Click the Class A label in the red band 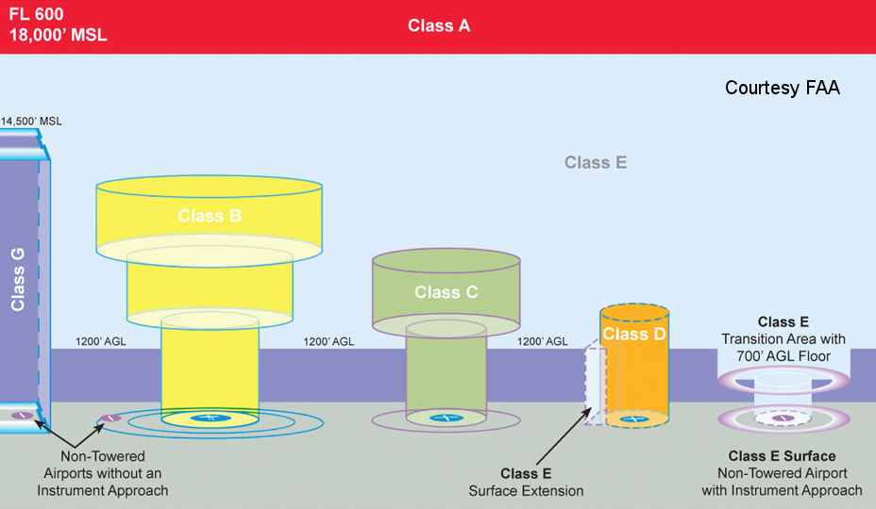tap(438, 26)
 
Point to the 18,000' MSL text tap(58, 37)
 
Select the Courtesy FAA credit tap(782, 88)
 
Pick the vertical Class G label tap(18, 277)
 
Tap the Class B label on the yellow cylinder tap(210, 216)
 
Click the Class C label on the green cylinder tap(446, 292)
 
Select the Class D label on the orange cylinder tap(633, 335)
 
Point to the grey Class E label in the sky tap(596, 162)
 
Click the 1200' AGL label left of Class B tap(100, 342)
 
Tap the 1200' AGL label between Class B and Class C tap(328, 342)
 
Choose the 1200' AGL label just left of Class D tap(543, 342)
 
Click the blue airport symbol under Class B tap(204, 418)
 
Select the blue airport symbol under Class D tap(634, 418)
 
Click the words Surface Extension tap(526, 490)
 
